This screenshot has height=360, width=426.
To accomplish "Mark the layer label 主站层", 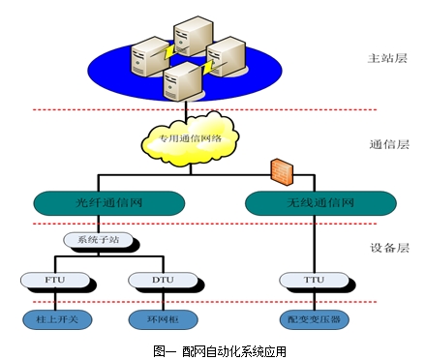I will pos(383,58).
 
